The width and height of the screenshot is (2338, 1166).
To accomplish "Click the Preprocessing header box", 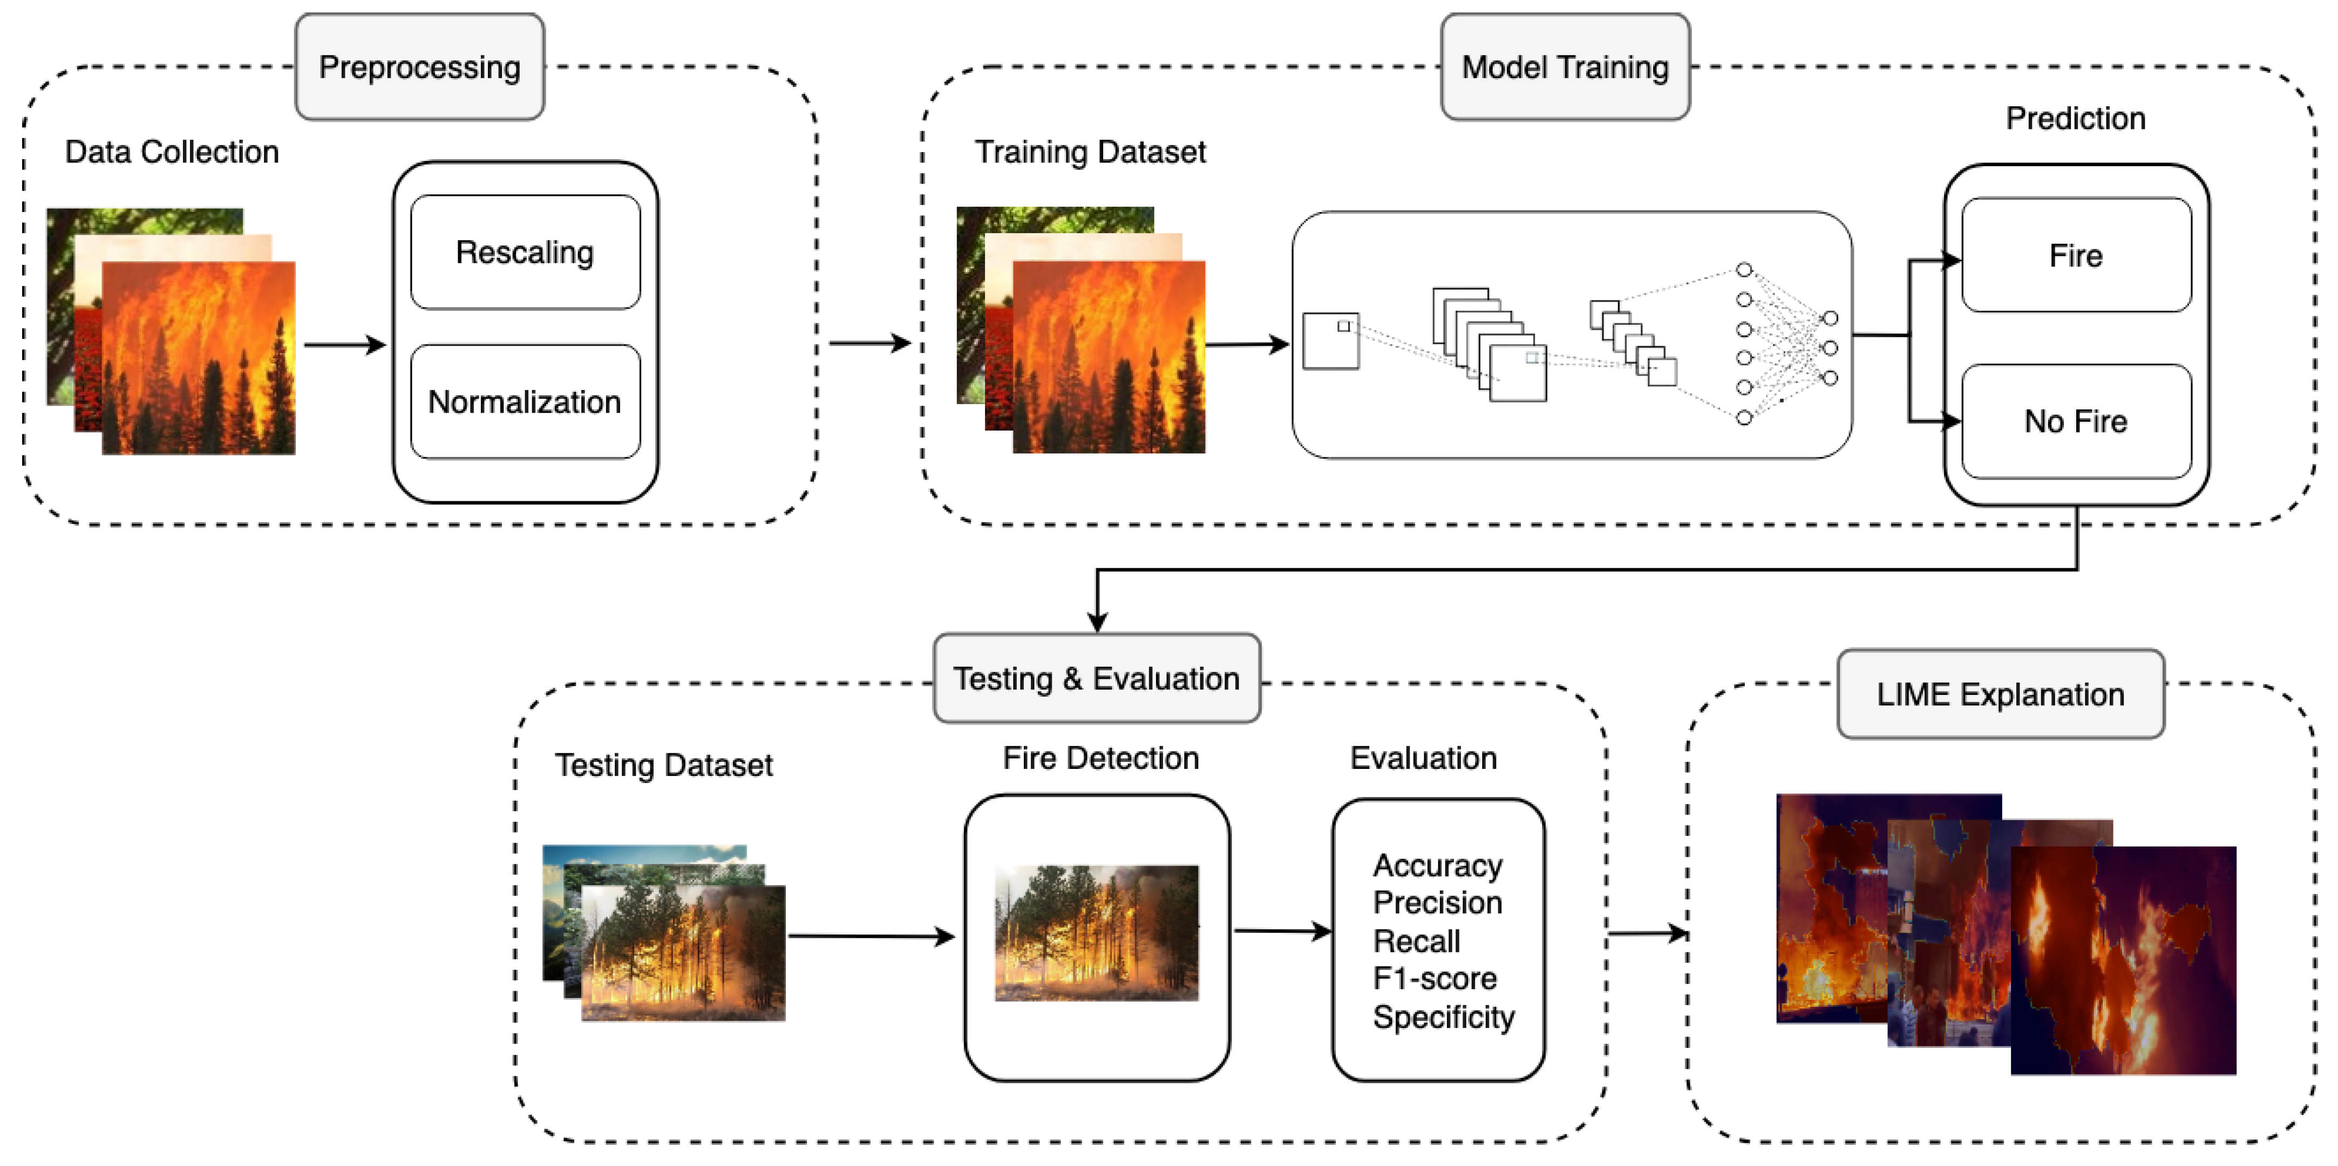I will coord(419,67).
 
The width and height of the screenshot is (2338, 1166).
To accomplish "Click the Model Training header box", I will coord(1565,67).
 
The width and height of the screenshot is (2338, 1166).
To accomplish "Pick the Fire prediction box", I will coord(2076,256).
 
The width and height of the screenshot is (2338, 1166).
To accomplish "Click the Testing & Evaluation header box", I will coord(1096,679).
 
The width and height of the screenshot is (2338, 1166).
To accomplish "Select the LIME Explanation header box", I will coord(2000,694).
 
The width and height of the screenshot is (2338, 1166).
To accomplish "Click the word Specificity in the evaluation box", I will coord(1443,1017).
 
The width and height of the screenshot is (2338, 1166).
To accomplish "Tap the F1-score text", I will coord(1434,979).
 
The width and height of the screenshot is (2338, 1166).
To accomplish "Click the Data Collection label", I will coord(172,152).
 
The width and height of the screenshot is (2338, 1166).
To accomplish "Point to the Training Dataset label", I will coord(1090,152).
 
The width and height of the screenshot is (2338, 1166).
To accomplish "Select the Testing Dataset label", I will coord(663,765).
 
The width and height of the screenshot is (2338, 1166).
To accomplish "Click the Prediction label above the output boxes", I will coord(2075,118).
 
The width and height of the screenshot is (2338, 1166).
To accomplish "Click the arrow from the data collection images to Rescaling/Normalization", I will coord(344,345).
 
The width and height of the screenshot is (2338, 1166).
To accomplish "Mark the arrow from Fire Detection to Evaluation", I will coord(1282,931).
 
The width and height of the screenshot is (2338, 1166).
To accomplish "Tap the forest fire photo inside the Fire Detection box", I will coord(1096,933).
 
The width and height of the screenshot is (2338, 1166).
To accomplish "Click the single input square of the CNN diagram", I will coord(1330,341).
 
